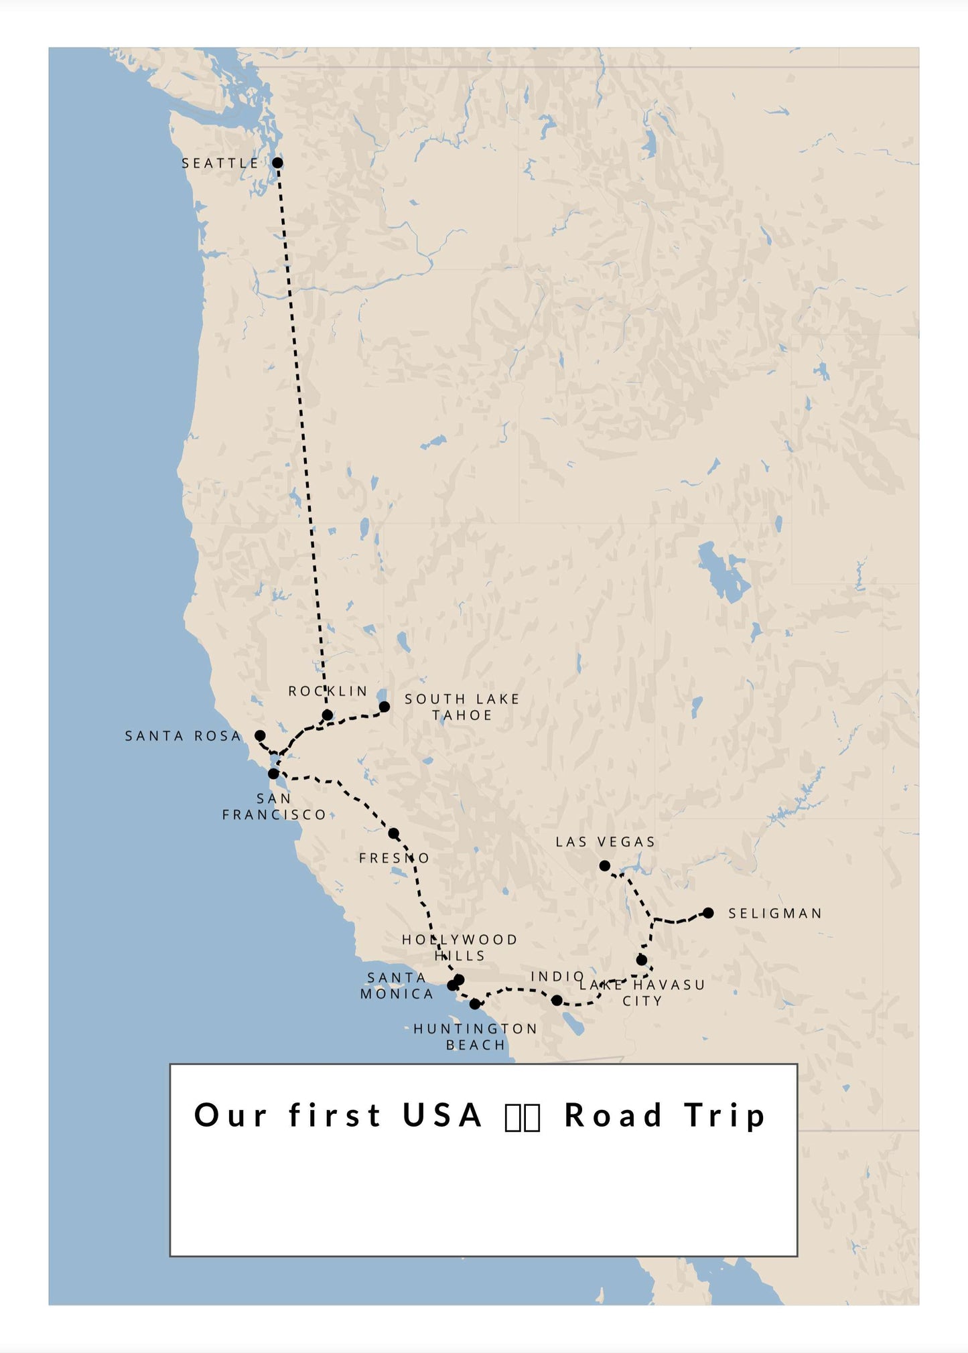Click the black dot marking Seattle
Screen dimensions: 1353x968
coord(277,163)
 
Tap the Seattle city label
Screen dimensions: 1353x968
coord(220,163)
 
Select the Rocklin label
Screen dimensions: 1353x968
coord(328,691)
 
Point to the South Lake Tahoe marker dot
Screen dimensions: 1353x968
coord(385,707)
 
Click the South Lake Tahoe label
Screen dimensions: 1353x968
coord(462,707)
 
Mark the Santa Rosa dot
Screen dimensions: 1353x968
coord(260,735)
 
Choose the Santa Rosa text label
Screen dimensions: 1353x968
coord(183,736)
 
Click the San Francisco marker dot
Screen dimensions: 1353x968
coord(273,774)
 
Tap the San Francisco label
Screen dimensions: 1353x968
coord(274,806)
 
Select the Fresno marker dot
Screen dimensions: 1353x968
coord(394,833)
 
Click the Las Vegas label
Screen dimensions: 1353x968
coord(606,842)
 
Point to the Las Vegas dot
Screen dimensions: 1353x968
coord(604,865)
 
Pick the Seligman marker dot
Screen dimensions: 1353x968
coord(708,913)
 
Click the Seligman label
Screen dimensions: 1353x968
coord(775,914)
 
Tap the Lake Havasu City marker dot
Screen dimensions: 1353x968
coord(642,960)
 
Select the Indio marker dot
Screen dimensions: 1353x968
coord(557,1001)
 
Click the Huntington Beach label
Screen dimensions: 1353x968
coord(476,1037)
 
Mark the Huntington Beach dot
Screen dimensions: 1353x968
coord(475,1004)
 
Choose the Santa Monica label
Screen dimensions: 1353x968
coord(397,986)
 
